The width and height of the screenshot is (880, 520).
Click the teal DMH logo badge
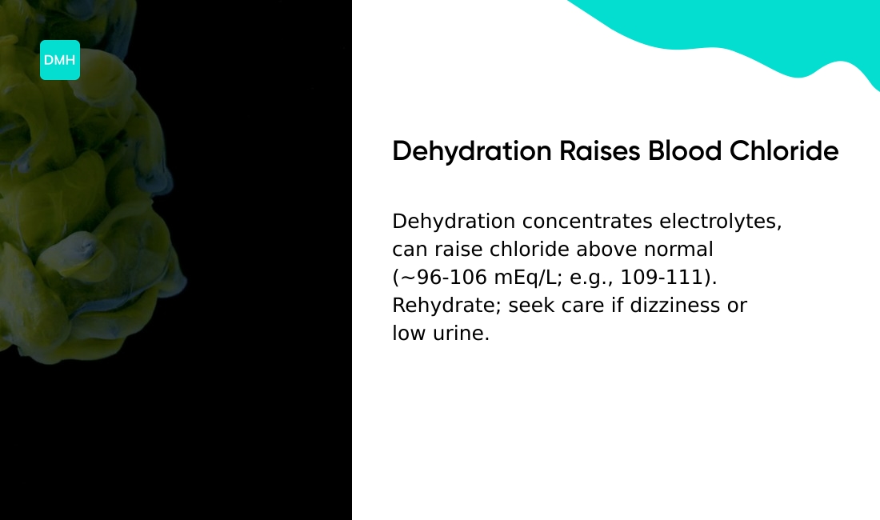[60, 60]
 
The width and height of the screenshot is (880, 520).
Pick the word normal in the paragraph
[678, 249]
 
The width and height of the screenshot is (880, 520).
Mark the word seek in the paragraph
[532, 305]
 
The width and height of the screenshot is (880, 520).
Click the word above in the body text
[607, 249]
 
